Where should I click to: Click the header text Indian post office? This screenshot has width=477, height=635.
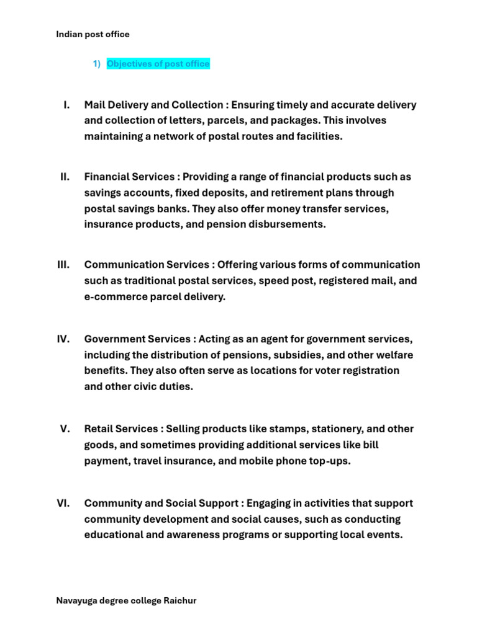(93, 34)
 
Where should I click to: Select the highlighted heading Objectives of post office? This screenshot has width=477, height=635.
(158, 64)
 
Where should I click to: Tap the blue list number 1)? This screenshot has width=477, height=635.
(96, 64)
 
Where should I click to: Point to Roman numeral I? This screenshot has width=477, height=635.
(66, 105)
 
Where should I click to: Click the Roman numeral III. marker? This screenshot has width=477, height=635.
(63, 265)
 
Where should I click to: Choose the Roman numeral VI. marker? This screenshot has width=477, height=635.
(63, 504)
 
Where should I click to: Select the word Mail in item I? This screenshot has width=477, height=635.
(95, 105)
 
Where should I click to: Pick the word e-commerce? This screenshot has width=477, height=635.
(114, 297)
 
